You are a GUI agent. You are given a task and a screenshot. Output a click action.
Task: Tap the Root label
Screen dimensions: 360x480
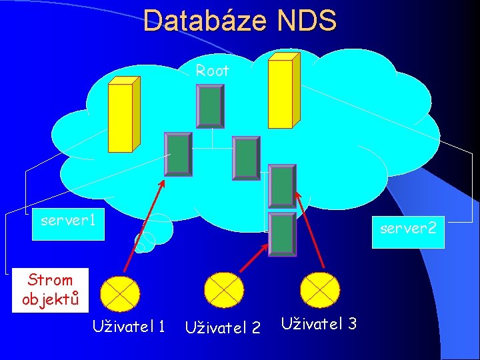click(x=212, y=71)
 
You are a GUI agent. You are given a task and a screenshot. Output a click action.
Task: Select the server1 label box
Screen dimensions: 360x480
click(x=69, y=220)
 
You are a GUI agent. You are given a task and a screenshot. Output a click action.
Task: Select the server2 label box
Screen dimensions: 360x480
click(x=407, y=229)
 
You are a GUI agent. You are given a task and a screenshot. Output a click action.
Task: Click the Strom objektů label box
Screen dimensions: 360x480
click(x=50, y=289)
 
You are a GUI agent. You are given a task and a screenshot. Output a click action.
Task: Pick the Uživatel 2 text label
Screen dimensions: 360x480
click(x=222, y=327)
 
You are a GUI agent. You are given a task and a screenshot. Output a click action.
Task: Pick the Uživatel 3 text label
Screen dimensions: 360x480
click(x=319, y=323)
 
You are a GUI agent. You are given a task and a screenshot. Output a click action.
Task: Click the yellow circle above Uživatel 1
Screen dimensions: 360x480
click(x=120, y=291)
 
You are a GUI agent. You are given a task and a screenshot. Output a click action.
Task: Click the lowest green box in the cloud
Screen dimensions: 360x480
click(x=282, y=234)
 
